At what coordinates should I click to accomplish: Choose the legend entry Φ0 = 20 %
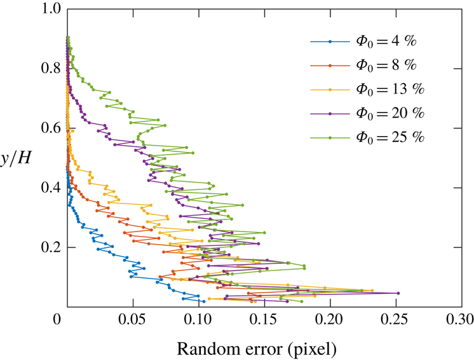point(390,113)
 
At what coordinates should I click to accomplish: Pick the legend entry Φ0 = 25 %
point(390,137)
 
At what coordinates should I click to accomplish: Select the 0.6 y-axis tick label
point(51,128)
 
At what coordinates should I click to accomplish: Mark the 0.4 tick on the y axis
point(51,188)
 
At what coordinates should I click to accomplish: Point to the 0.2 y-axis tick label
point(51,247)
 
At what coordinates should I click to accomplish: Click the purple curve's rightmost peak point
point(398,293)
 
